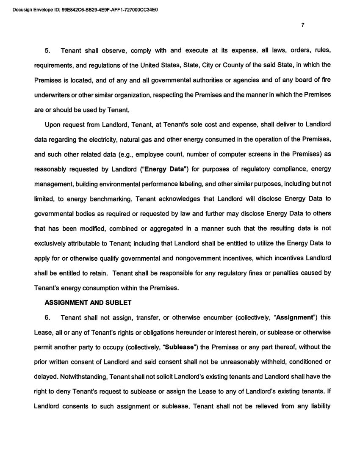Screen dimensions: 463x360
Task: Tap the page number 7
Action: click(303, 25)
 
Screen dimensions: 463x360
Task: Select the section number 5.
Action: click(48, 51)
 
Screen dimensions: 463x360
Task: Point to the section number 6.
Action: click(48, 317)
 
